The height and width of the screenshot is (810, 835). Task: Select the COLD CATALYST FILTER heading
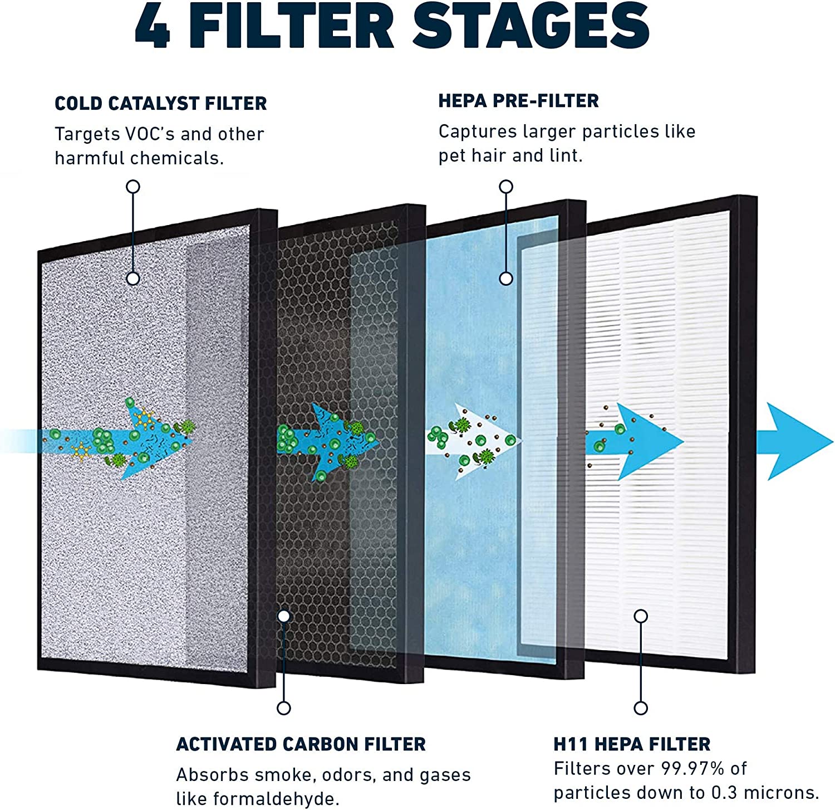click(160, 104)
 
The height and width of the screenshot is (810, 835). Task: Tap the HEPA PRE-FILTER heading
click(518, 101)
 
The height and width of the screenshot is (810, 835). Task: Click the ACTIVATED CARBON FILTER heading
click(301, 744)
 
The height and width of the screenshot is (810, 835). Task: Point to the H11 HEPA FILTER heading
click(632, 744)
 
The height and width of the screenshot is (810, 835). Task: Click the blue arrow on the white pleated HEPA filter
click(640, 441)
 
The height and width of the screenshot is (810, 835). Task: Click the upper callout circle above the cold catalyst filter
click(132, 187)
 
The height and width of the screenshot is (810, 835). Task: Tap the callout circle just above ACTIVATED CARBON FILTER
click(284, 708)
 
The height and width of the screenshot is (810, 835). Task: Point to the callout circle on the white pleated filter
click(641, 616)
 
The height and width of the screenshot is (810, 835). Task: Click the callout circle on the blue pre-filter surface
click(506, 279)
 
